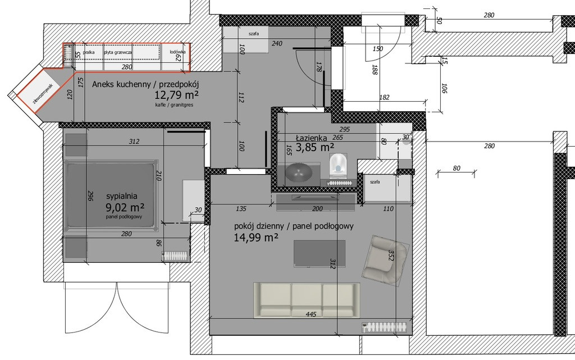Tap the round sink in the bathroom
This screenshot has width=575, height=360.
point(298,172)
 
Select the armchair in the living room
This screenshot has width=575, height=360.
point(386,260)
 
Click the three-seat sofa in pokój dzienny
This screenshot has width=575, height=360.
point(307,300)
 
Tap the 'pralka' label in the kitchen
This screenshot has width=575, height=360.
point(88,52)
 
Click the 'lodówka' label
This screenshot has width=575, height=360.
point(177,52)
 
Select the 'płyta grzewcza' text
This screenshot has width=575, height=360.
point(118,52)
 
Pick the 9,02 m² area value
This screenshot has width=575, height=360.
point(125,208)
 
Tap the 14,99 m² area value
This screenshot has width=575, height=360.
point(255,238)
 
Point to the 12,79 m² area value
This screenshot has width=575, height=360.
point(177,95)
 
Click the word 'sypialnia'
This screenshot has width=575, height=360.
point(122,196)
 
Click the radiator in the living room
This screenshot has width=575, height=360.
point(385,327)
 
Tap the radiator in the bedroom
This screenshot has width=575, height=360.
point(175,256)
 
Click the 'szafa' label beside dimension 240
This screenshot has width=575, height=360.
point(253,34)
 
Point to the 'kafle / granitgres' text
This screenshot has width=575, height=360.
point(174,105)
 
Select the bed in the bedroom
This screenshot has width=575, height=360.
point(112,195)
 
